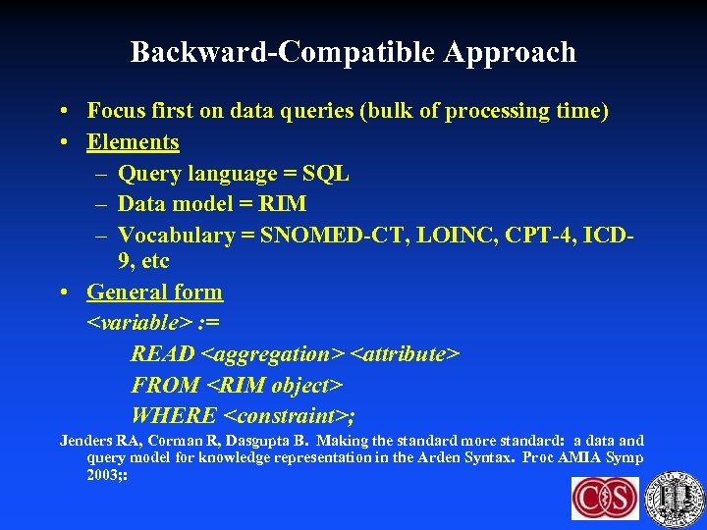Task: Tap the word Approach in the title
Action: pos(509,52)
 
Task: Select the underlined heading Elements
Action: pos(133,142)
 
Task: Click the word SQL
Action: pos(325,174)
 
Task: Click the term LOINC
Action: pos(450,236)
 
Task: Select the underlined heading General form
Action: pos(154,292)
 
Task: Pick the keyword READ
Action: pos(163,353)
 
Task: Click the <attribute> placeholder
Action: pos(405,353)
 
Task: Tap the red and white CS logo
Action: pos(605,498)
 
